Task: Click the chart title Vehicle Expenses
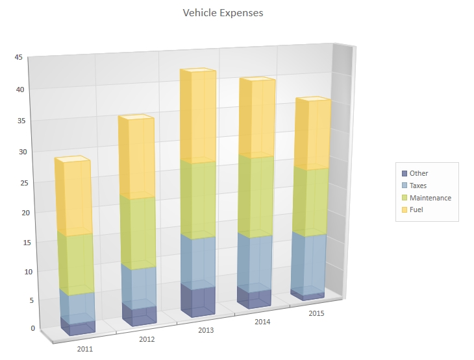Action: click(223, 13)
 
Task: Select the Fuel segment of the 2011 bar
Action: click(74, 198)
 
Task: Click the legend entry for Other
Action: click(419, 173)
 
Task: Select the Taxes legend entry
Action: click(418, 186)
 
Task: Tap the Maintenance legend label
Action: click(430, 198)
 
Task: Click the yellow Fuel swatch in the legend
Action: click(405, 210)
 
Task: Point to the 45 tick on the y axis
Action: click(19, 58)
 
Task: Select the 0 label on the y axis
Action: click(22, 328)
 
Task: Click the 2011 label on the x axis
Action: click(85, 349)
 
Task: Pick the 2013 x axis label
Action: click(205, 330)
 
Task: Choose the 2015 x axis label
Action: click(316, 314)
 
